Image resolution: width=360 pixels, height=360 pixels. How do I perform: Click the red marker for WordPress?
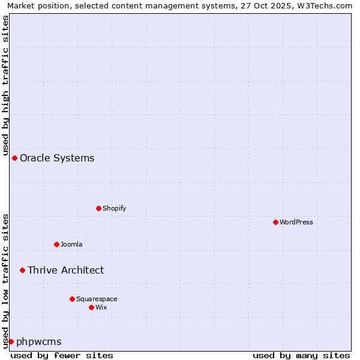coord(275,222)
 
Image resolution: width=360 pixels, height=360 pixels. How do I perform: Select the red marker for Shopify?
coord(98,208)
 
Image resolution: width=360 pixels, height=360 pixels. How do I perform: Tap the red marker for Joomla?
coord(56,244)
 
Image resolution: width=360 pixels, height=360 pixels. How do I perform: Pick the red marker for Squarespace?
coord(72,299)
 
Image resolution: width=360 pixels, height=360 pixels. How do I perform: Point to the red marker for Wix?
coord(91,307)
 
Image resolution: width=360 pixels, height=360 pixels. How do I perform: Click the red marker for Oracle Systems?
coord(14,158)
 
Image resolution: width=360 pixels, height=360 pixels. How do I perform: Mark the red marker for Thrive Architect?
coord(22,270)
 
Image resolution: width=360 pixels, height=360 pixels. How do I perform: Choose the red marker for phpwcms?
coord(11,341)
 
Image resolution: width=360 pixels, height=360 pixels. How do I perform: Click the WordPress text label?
coord(296,222)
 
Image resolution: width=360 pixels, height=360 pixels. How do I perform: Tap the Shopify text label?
coord(115,208)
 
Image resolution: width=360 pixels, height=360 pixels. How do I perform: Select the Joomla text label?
coord(71,244)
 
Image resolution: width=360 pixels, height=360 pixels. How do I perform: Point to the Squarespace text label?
coord(97,299)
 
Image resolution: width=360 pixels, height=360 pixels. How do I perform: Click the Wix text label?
coord(101,307)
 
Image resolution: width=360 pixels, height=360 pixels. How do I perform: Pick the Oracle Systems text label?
coord(57,158)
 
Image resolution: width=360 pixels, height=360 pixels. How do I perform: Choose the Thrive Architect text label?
coord(65,270)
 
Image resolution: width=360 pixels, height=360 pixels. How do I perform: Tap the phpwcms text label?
coord(39,341)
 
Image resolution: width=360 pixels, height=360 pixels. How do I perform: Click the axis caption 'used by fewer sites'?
coord(62,355)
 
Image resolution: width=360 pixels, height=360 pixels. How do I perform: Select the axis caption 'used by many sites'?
coord(301,355)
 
